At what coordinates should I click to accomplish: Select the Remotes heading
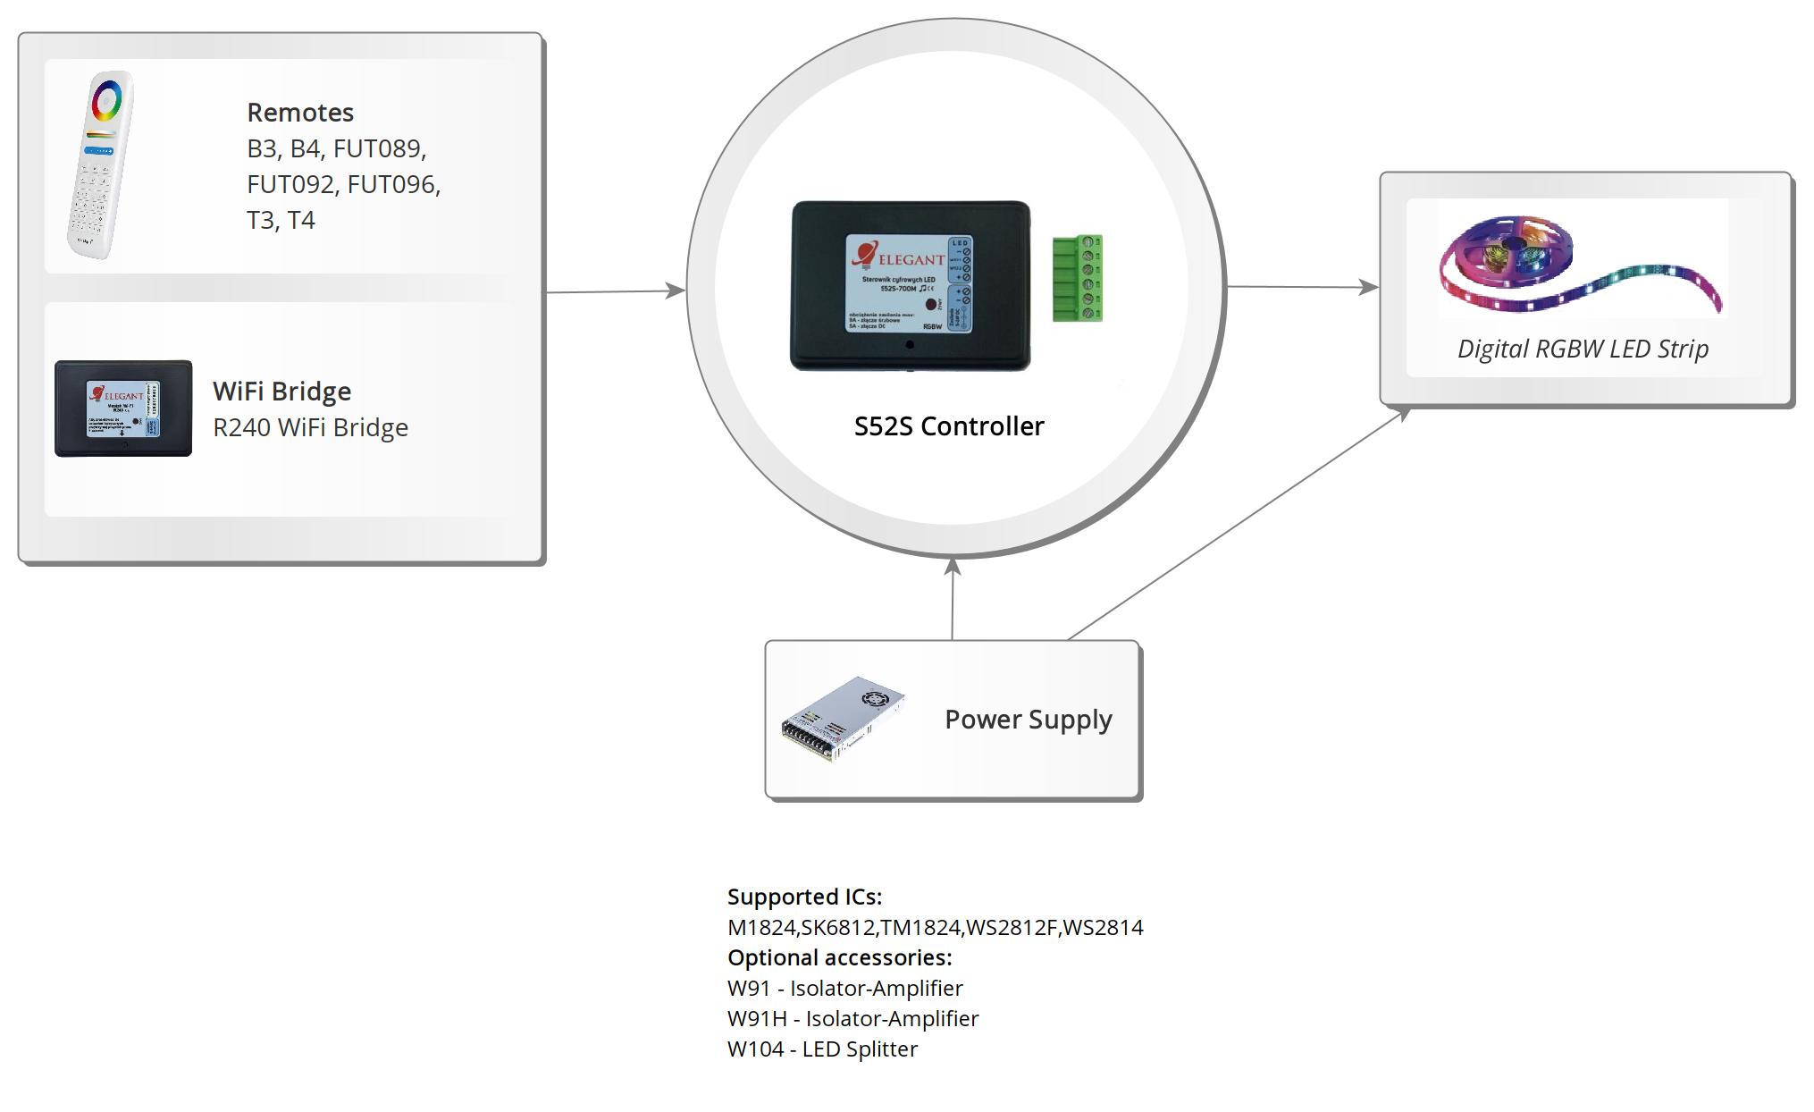pyautogui.click(x=300, y=113)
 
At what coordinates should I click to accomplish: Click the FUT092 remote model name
pyautogui.click(x=290, y=184)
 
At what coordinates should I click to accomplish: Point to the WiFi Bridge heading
pyautogui.click(x=281, y=392)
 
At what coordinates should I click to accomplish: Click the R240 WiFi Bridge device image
pyautogui.click(x=123, y=409)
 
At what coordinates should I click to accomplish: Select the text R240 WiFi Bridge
pyautogui.click(x=310, y=427)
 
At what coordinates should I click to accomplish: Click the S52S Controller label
pyautogui.click(x=948, y=426)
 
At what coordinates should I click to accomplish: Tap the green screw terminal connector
pyautogui.click(x=1078, y=278)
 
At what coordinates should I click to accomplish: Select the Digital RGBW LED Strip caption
pyautogui.click(x=1583, y=349)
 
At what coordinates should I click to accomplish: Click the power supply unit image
pyautogui.click(x=843, y=719)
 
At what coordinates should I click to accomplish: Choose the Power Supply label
pyautogui.click(x=1028, y=720)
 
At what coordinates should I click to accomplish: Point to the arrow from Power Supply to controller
pyautogui.click(x=953, y=599)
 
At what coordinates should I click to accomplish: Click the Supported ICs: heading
pyautogui.click(x=804, y=897)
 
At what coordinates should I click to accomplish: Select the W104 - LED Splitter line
pyautogui.click(x=822, y=1049)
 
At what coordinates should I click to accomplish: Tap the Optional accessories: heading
pyautogui.click(x=839, y=957)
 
